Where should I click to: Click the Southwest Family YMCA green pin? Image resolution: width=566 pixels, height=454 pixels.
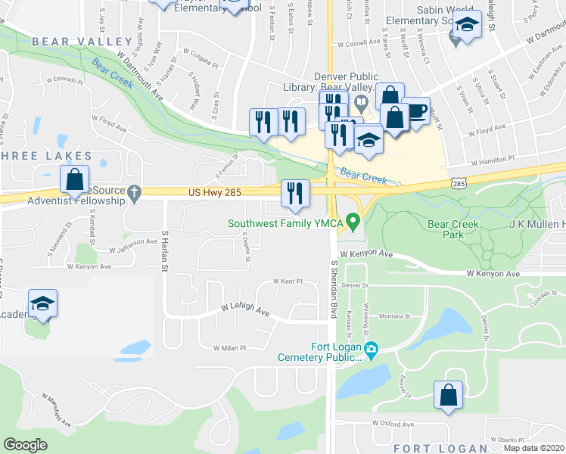352,222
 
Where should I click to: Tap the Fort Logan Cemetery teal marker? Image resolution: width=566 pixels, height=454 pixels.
371,350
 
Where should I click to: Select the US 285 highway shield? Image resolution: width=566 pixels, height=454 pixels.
457,183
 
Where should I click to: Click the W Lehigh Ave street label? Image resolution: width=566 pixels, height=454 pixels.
245,310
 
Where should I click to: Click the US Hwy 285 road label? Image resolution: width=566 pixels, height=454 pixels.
215,194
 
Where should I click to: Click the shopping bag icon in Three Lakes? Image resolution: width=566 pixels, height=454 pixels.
74,180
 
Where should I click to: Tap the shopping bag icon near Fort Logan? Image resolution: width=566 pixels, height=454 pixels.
448,394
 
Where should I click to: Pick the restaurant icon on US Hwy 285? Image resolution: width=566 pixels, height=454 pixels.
295,193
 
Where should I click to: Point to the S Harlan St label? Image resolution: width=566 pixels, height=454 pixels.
164,250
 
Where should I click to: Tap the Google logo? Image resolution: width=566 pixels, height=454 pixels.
25,445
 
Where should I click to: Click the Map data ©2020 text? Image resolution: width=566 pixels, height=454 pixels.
534,448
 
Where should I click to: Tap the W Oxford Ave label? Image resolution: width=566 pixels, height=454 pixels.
393,424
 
